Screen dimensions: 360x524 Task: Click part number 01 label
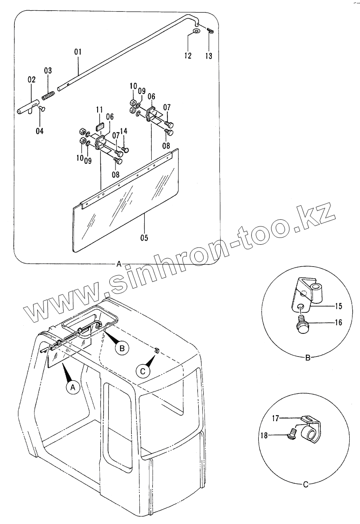77,52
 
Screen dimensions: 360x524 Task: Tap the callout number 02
31,80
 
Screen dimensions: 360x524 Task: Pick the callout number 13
209,56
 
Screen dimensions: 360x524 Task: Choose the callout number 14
124,131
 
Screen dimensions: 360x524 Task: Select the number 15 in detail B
338,307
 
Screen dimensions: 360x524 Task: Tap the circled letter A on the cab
73,387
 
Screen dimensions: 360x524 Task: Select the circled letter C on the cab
143,371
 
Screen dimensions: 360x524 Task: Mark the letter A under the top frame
119,264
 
